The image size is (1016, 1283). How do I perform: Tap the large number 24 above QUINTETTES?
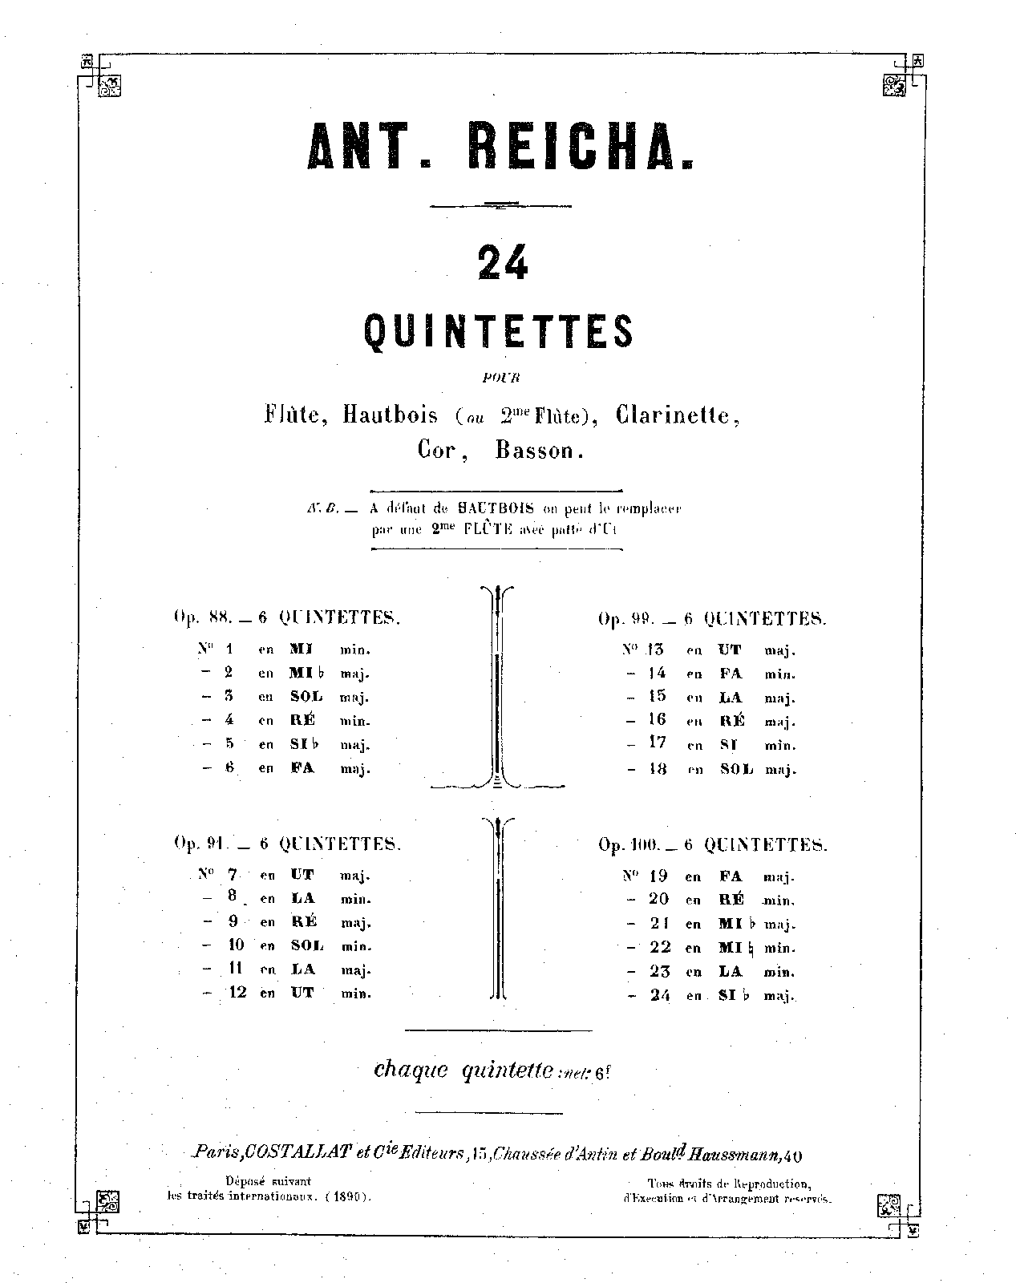tap(502, 262)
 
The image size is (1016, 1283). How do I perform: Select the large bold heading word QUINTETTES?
tap(499, 331)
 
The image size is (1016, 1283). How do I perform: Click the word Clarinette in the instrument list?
tap(678, 415)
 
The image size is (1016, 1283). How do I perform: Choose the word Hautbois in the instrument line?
tap(391, 415)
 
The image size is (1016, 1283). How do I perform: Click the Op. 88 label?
tap(202, 617)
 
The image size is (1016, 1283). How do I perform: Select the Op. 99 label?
tap(627, 619)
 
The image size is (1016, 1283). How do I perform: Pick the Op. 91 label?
tap(201, 844)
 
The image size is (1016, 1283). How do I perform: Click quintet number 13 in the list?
tap(656, 650)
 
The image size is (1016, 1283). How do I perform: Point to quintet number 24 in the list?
tap(659, 995)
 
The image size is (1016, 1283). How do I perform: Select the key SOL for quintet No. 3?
tap(306, 697)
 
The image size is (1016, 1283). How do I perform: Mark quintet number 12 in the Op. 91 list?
tap(237, 993)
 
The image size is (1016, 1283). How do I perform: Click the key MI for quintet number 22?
tap(731, 948)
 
